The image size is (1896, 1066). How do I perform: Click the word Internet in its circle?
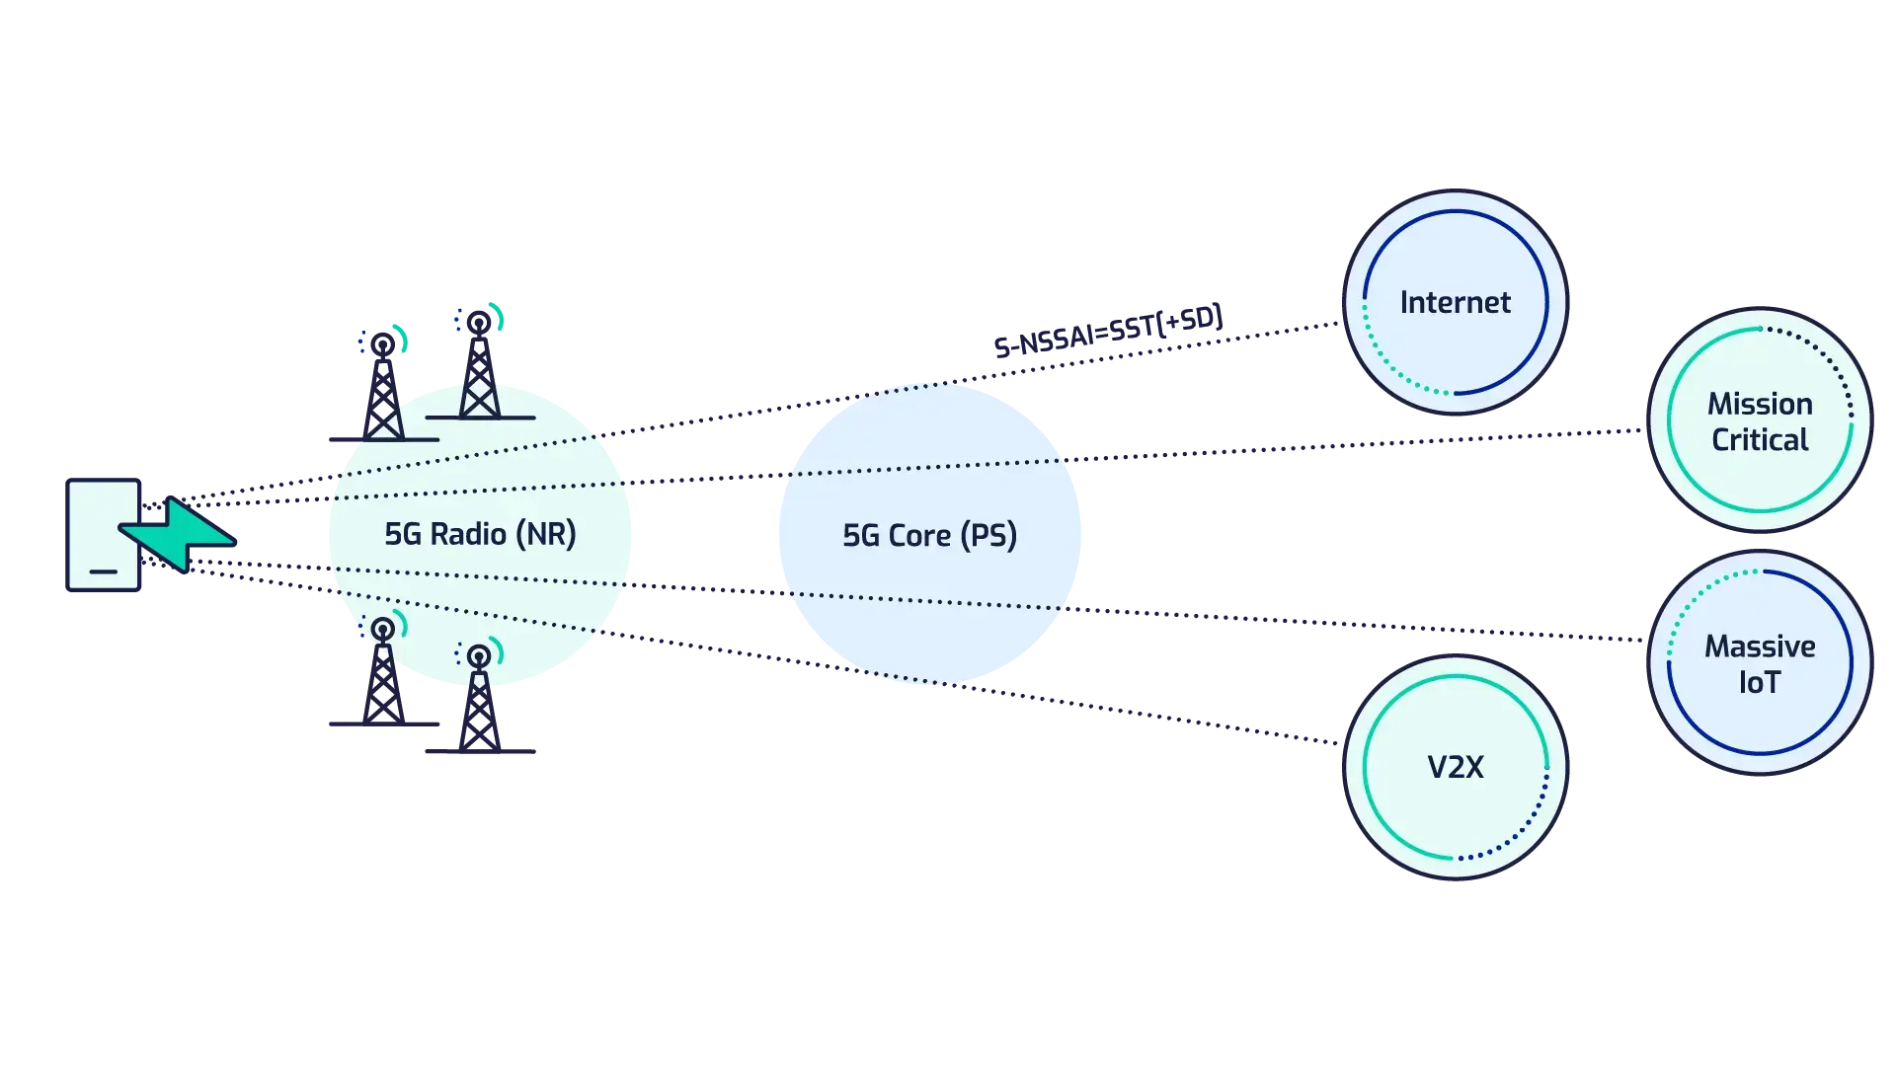(x=1455, y=302)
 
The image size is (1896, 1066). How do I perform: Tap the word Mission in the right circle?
(x=1760, y=404)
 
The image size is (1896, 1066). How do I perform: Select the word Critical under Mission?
(x=1760, y=439)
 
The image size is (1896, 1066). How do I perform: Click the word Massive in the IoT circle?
(x=1760, y=647)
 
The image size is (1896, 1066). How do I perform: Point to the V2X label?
(x=1455, y=767)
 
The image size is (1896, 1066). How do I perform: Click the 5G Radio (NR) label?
(x=480, y=534)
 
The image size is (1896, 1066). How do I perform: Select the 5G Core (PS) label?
(x=928, y=535)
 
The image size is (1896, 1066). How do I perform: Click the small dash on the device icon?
(x=103, y=571)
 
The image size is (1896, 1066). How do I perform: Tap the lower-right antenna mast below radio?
(x=479, y=701)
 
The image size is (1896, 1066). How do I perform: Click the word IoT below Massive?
(x=1759, y=683)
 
